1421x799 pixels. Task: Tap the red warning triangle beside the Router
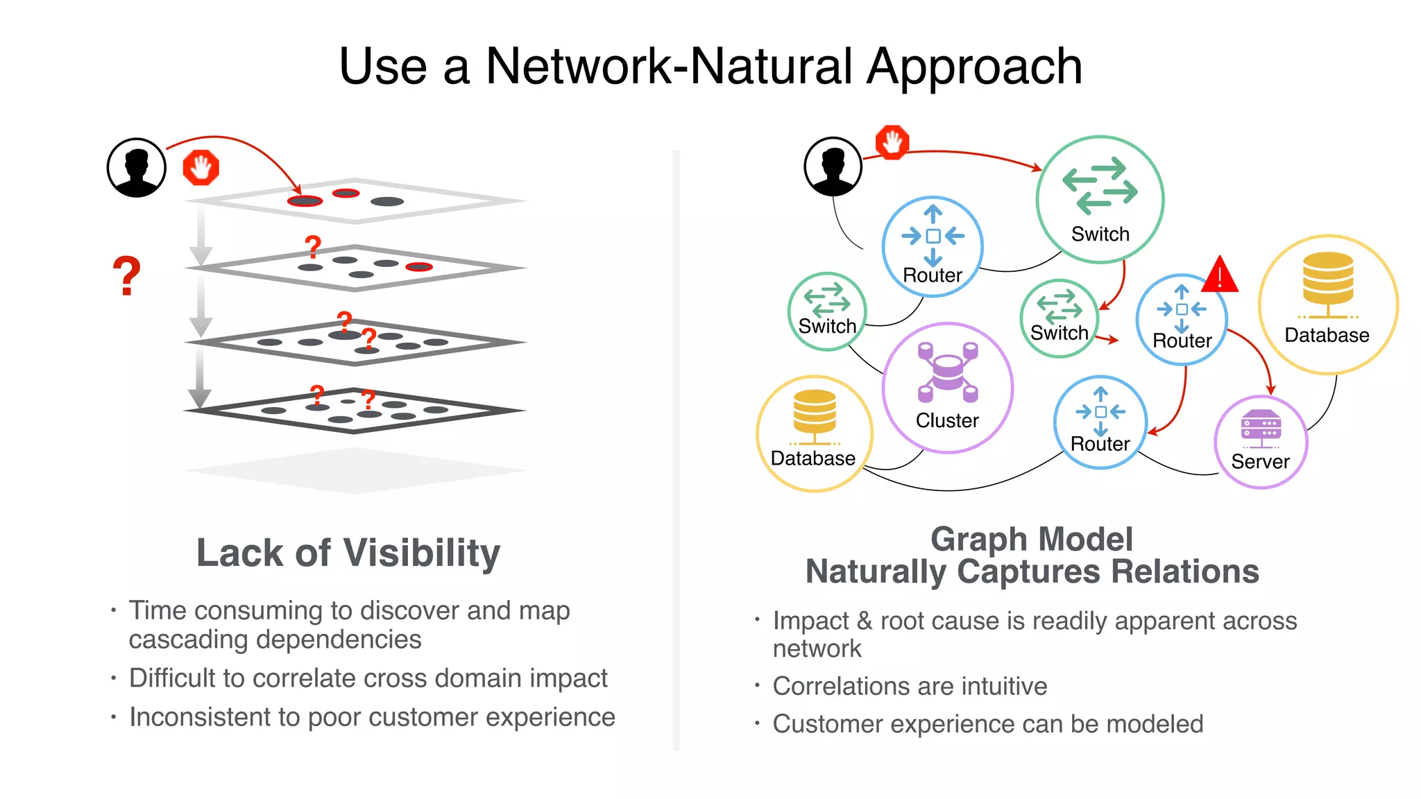1220,275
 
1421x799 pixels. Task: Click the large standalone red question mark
126,276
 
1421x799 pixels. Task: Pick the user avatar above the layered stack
137,167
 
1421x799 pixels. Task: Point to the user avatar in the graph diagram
833,166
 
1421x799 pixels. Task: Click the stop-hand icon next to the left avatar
201,168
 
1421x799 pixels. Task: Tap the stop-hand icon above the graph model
892,142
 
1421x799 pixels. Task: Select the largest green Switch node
1100,199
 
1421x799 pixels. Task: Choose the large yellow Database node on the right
1327,304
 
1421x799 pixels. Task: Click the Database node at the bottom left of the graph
814,433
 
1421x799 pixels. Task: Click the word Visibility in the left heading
422,553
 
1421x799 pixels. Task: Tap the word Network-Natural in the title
670,67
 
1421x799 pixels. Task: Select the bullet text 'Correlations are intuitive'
909,686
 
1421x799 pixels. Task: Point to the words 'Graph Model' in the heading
1031,539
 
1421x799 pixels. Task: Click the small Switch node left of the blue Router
1059,318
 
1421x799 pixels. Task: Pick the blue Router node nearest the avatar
933,246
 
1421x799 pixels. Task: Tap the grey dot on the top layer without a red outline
387,201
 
